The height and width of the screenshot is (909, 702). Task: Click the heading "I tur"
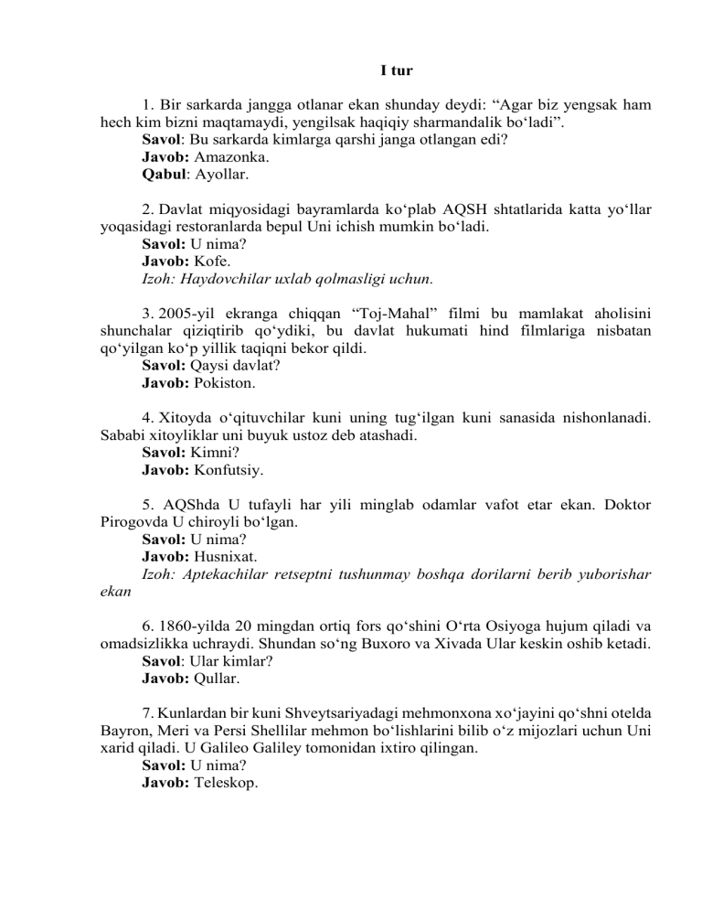(397, 70)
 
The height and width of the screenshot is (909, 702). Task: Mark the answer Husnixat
(225, 559)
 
